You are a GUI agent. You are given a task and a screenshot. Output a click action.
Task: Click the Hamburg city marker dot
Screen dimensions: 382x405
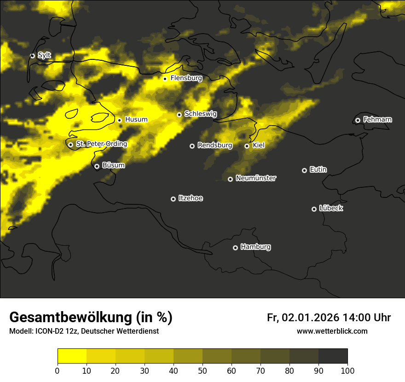point(235,248)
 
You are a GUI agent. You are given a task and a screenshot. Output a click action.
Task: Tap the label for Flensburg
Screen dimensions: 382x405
point(186,78)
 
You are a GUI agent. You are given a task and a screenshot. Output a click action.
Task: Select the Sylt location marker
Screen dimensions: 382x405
point(32,56)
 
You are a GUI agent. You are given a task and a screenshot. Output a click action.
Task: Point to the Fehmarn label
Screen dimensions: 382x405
point(377,120)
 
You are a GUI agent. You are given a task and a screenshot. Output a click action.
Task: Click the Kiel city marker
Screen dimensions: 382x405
point(247,146)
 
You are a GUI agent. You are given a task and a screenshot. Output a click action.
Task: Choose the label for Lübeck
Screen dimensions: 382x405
point(331,208)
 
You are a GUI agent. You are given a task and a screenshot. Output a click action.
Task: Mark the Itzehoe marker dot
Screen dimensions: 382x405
point(173,199)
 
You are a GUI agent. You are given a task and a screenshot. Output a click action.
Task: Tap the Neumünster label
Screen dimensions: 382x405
point(256,178)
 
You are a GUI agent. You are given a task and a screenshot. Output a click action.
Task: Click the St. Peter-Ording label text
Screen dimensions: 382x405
point(101,144)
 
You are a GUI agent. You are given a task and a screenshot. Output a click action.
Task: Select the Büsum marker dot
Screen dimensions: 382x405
point(97,166)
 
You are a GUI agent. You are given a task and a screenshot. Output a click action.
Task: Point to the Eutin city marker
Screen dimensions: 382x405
point(304,170)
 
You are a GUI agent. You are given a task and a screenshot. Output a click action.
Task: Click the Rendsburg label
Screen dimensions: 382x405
point(215,145)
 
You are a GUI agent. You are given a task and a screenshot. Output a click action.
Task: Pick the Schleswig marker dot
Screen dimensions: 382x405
point(179,115)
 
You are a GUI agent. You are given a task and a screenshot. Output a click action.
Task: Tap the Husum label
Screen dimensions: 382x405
point(136,120)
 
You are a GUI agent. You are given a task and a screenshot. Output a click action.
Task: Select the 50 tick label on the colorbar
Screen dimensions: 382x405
point(202,370)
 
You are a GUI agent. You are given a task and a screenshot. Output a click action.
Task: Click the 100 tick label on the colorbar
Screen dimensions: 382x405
point(347,370)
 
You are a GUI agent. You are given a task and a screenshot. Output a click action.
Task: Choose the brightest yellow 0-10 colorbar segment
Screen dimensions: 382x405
point(72,356)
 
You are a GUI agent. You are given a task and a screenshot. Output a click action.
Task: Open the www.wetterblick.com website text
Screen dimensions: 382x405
point(332,331)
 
